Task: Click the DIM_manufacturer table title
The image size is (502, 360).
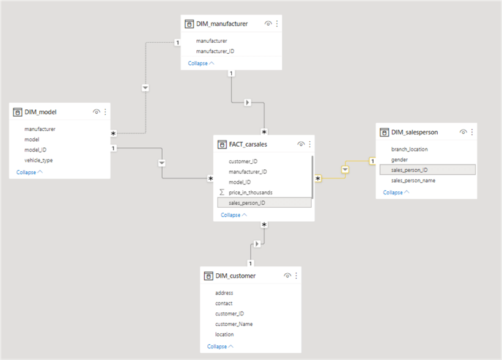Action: pyautogui.click(x=223, y=24)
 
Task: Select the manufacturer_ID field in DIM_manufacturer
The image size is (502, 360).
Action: pyautogui.click(x=215, y=51)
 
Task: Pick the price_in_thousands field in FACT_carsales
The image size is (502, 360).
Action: pyautogui.click(x=251, y=193)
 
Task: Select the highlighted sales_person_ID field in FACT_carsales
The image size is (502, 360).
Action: pyautogui.click(x=247, y=203)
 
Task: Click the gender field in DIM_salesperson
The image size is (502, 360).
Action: pyautogui.click(x=400, y=160)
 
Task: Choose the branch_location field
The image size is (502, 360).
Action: pyautogui.click(x=410, y=149)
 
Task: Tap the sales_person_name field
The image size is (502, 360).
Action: pyautogui.click(x=413, y=181)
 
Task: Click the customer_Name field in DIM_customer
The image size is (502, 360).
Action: pyautogui.click(x=234, y=324)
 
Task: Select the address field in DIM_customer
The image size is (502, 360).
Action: pyautogui.click(x=224, y=293)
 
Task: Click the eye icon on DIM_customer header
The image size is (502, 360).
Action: pyautogui.click(x=287, y=276)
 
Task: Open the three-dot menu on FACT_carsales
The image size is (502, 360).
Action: pyautogui.click(x=309, y=144)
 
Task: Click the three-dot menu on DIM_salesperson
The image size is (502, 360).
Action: pyautogui.click(x=471, y=132)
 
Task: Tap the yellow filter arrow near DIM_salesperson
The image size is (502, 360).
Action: pyautogui.click(x=345, y=169)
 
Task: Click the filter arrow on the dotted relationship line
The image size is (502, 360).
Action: pyautogui.click(x=146, y=87)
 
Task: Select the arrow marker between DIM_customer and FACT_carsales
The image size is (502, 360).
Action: pyautogui.click(x=257, y=244)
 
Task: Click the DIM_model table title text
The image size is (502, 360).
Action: pyautogui.click(x=40, y=112)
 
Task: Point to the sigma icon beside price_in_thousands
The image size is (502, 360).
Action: pyautogui.click(x=222, y=193)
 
